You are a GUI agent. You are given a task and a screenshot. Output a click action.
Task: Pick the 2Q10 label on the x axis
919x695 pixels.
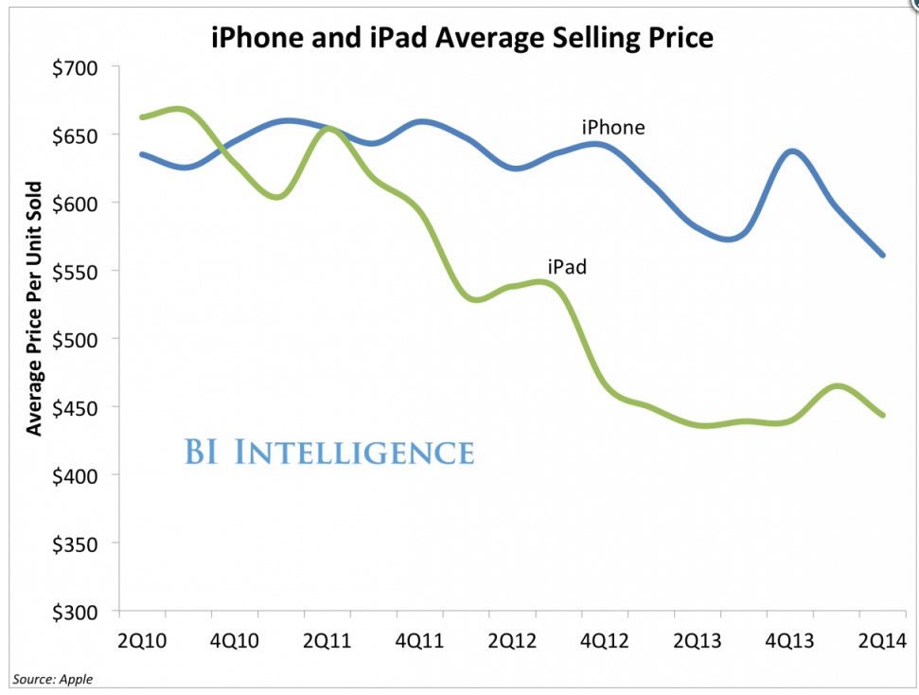coord(142,641)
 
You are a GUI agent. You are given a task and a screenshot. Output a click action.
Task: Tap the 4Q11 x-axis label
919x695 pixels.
coord(419,641)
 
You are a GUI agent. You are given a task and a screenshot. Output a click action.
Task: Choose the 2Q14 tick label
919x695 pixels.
coord(882,641)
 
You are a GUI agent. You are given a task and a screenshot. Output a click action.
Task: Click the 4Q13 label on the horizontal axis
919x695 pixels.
coord(789,641)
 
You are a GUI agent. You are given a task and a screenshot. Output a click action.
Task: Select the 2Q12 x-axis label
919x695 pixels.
coord(512,641)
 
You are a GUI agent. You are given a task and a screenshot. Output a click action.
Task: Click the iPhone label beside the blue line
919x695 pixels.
coord(612,127)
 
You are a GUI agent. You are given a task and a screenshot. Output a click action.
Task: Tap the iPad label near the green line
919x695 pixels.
coord(567,267)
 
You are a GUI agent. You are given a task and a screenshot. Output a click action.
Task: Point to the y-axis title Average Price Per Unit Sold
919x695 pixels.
coord(35,308)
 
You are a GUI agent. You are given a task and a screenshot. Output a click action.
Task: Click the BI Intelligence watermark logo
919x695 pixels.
coord(328,452)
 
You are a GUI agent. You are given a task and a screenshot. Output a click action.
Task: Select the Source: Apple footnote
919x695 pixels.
coord(52,679)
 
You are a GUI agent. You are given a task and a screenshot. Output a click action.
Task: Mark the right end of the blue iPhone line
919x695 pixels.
coord(883,255)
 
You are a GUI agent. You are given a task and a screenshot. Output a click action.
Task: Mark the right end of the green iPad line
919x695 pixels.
coord(883,415)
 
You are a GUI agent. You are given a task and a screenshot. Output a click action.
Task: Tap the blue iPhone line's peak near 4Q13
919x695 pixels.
coord(791,151)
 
